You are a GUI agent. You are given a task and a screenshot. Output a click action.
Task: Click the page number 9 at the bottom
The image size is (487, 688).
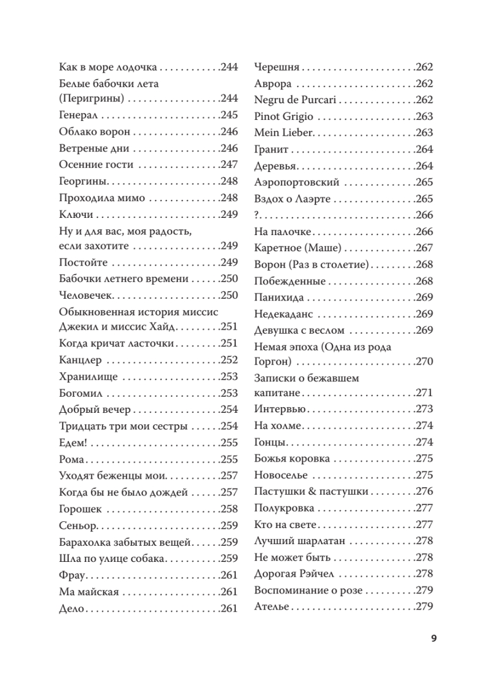434,638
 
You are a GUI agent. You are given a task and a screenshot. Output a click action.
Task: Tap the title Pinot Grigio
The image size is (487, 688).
283,116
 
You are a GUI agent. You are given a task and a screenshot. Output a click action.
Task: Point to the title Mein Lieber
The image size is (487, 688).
283,133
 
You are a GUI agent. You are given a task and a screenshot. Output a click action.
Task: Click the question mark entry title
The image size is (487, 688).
256,216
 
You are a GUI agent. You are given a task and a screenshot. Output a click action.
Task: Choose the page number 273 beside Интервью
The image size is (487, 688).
423,409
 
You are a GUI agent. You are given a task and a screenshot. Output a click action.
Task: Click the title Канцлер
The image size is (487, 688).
80,361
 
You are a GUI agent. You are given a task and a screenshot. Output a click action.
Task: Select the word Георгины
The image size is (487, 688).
84,181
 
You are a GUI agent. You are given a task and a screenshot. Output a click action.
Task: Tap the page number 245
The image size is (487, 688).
228,115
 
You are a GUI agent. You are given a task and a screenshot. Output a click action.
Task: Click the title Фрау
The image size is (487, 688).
72,576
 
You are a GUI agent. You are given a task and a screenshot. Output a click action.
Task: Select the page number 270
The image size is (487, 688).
423,362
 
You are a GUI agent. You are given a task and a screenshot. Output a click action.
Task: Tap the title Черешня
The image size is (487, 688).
276,67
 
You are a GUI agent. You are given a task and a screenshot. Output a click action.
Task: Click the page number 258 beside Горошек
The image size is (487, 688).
228,509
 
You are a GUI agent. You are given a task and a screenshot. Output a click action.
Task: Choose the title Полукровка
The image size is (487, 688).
284,509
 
